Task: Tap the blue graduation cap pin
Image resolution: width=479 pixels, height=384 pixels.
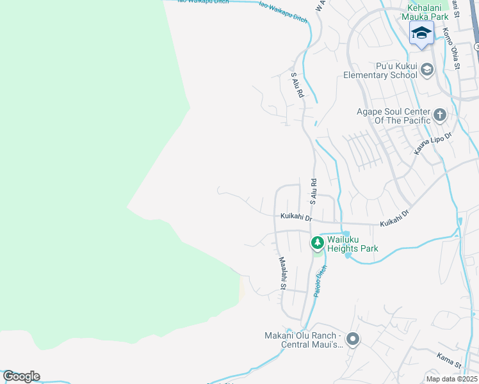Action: click(x=421, y=33)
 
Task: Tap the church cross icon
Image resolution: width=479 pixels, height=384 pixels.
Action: click(x=439, y=115)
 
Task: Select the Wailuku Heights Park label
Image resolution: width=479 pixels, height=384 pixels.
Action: click(x=352, y=244)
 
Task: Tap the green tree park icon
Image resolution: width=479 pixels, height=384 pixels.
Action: click(x=316, y=243)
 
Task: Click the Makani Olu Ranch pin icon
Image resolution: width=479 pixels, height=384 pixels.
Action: click(x=352, y=339)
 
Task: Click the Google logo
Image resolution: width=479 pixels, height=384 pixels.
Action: click(x=21, y=376)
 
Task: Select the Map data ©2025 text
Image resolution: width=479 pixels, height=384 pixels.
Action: click(x=451, y=379)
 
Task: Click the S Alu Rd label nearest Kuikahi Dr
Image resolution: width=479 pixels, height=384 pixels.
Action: click(x=313, y=191)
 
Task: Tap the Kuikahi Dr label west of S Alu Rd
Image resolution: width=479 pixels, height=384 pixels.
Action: click(x=296, y=218)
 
